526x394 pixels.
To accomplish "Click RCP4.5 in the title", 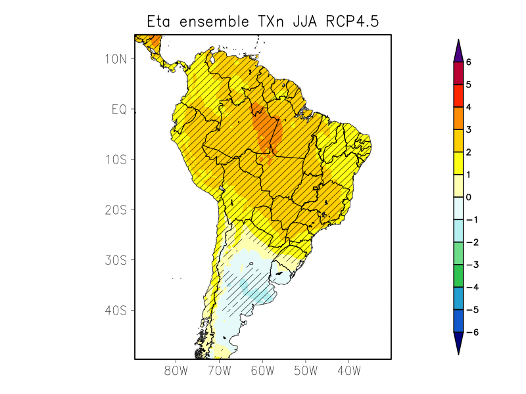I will point(354,22).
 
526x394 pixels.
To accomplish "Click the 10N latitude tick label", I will point(116,59).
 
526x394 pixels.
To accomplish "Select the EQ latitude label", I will point(119,109).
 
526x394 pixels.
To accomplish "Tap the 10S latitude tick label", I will point(116,160).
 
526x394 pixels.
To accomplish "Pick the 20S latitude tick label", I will point(116,210).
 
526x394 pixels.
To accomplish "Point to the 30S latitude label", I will point(116,260).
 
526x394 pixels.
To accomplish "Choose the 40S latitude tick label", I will point(116,310).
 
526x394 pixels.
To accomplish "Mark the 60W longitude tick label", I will point(262,371).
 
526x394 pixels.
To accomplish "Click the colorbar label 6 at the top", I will point(469,62).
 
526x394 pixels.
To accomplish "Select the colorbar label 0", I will point(469,197).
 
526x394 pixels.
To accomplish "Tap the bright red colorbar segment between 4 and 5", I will point(458,96).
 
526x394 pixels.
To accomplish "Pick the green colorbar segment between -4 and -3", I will point(458,276).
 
